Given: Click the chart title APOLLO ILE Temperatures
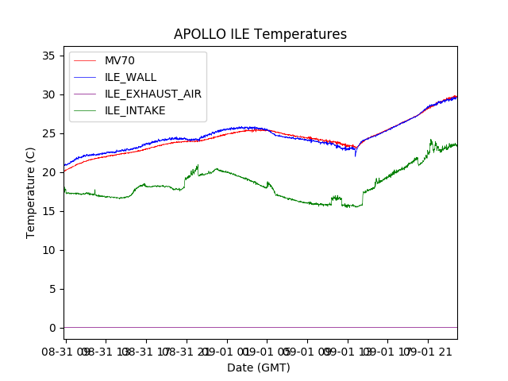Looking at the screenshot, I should (x=260, y=34).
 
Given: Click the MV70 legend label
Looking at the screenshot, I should (x=120, y=60).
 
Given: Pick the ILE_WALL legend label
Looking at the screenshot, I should (x=130, y=77).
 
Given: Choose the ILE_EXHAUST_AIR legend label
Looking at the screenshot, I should (x=152, y=94).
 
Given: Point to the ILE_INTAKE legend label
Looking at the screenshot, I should (x=135, y=110).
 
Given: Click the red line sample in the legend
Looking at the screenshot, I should (x=87, y=60).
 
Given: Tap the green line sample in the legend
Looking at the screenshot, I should (x=87, y=110).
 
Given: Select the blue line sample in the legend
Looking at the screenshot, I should (x=87, y=77).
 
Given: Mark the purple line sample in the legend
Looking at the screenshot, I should (x=87, y=94).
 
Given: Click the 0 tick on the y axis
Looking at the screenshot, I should (x=52, y=328).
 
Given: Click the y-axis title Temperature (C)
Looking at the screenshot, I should (x=31, y=192).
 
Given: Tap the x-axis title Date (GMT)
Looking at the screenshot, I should (x=259, y=368).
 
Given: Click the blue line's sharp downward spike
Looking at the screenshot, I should (x=356, y=155).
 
